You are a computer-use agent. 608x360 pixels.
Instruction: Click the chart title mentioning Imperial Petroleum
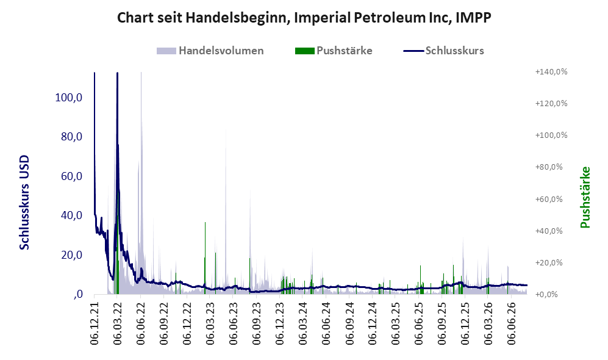point(304,18)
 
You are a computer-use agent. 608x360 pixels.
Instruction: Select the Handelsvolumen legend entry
point(210,51)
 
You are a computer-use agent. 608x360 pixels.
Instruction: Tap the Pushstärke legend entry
point(334,51)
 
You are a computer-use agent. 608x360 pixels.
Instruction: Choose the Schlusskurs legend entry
point(443,51)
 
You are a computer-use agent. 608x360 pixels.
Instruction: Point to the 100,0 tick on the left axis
point(69,98)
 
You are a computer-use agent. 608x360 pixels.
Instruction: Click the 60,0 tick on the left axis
point(72,176)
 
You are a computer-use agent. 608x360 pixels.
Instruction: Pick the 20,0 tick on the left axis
point(72,255)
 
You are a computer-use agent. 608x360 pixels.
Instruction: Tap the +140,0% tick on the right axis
point(551,72)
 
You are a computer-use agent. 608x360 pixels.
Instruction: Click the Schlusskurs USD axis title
point(24,202)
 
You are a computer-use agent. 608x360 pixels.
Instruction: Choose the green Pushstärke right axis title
point(585,197)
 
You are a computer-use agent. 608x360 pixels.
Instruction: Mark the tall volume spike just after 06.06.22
point(141,182)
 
